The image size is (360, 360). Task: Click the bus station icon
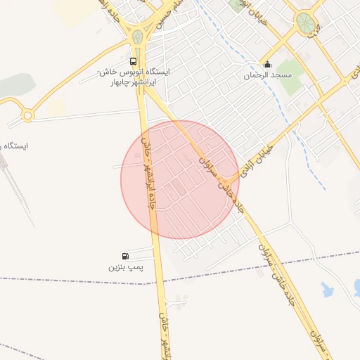pyautogui.click(x=134, y=61)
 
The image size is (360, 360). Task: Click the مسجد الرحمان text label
pyautogui.click(x=263, y=75)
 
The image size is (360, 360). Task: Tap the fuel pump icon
pyautogui.click(x=125, y=257)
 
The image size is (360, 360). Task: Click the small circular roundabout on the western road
pyautogui.click(x=27, y=115)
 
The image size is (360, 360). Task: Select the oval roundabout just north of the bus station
pyautogui.click(x=138, y=37)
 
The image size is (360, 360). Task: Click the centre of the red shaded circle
pyautogui.click(x=180, y=179)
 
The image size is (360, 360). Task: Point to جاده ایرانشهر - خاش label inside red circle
pyautogui.click(x=148, y=173)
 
